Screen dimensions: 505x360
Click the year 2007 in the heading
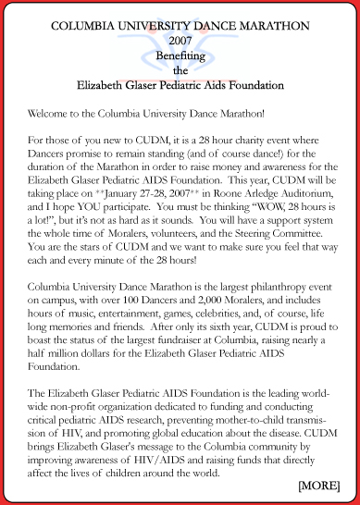pyautogui.click(x=180, y=42)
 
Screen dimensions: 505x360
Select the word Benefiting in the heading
pyautogui.click(x=180, y=55)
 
